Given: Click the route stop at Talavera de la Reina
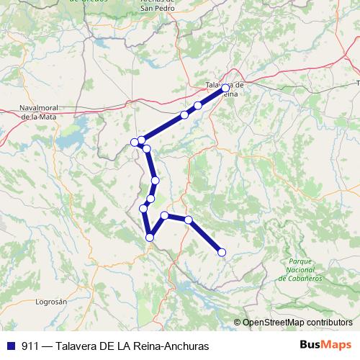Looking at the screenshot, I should [225, 88].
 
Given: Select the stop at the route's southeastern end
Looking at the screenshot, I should [222, 252].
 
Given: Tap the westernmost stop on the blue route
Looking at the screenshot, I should [135, 141].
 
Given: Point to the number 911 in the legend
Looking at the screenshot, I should [30, 346].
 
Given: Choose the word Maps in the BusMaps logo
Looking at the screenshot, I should [338, 345].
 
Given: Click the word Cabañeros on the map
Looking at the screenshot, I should [304, 276].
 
